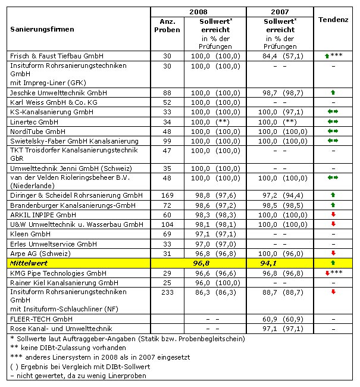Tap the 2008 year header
(198, 11)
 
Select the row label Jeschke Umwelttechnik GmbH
(51, 93)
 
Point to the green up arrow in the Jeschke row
(333, 93)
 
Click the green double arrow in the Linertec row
(333, 122)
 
